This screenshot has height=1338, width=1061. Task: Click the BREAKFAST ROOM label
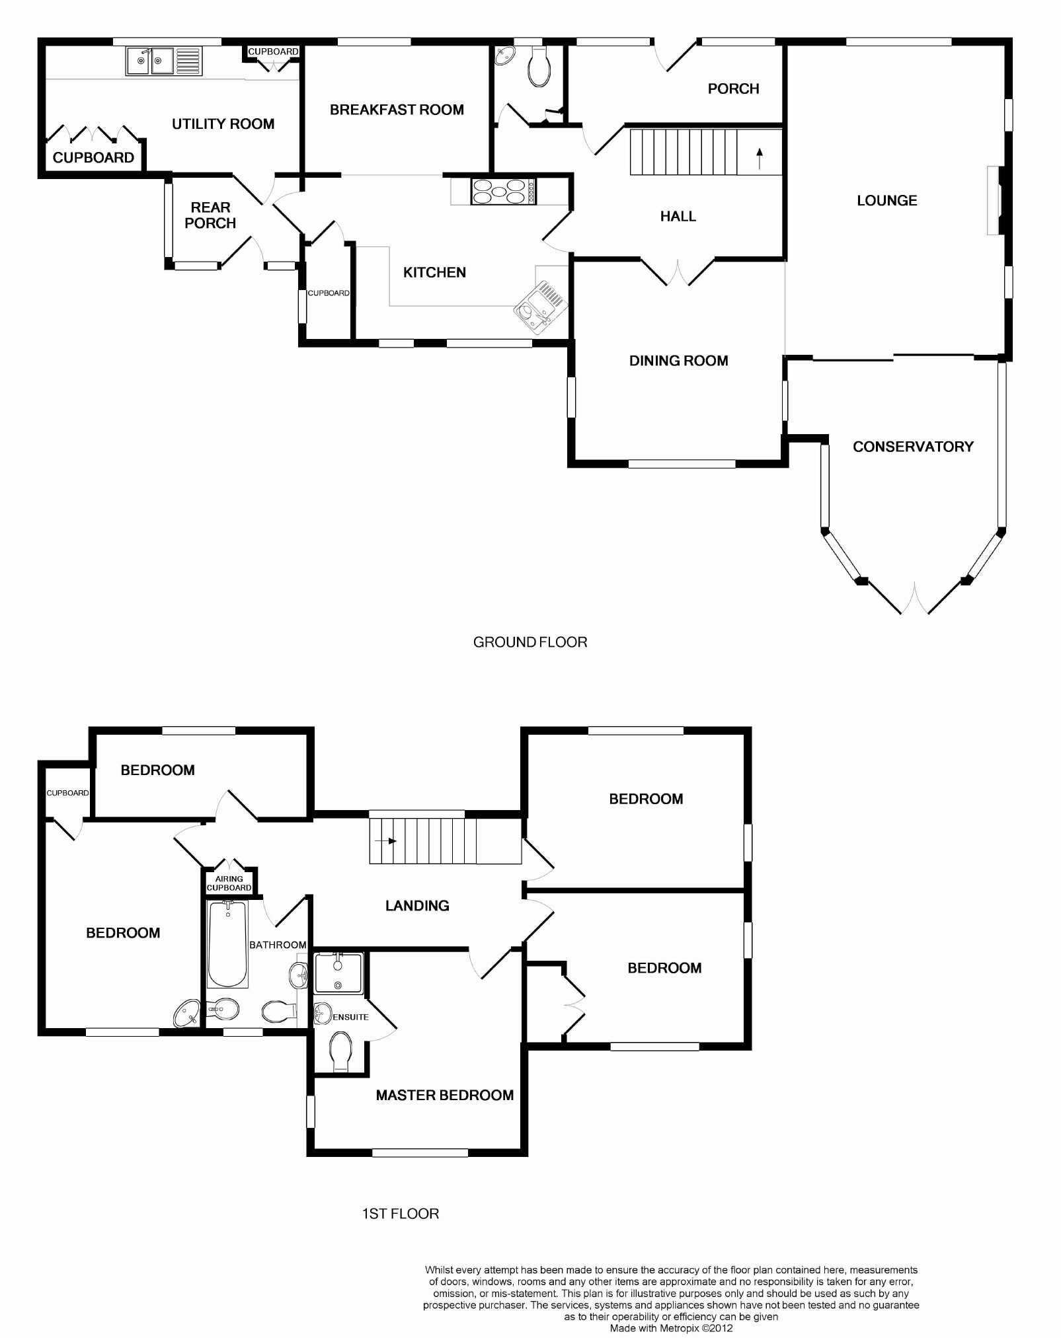pos(397,110)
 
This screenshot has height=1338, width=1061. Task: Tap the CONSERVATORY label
pos(913,447)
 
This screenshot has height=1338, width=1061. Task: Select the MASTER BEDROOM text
pos(444,1095)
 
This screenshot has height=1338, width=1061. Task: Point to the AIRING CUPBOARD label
pos(229,883)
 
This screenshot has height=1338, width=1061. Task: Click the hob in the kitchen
pos(498,191)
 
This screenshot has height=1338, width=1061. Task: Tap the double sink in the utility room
pos(150,61)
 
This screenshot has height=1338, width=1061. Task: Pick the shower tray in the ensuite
pos(338,973)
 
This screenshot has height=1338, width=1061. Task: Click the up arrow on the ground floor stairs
pos(760,158)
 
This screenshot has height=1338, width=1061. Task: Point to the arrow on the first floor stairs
pos(385,841)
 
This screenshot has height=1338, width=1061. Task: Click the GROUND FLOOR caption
pos(530,642)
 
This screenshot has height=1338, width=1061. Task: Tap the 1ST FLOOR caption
pos(401,1214)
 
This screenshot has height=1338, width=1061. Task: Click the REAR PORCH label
pos(210,215)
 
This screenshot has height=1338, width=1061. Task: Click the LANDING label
pos(417,906)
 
